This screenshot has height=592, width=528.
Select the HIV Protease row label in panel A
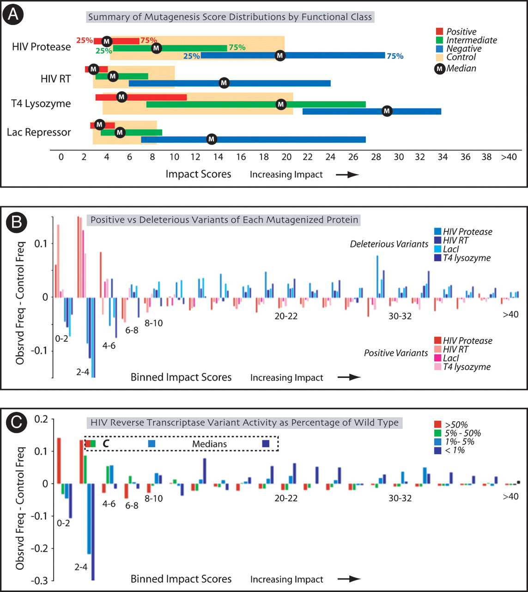click(x=42, y=47)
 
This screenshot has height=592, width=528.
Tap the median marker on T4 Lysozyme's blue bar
click(x=387, y=111)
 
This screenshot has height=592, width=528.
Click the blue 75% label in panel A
click(x=395, y=56)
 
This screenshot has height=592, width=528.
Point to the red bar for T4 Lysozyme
click(x=141, y=97)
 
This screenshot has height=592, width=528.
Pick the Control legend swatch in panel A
click(x=439, y=57)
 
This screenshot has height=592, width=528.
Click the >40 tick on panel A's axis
click(x=509, y=157)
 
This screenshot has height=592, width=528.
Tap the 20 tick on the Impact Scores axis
click(x=286, y=157)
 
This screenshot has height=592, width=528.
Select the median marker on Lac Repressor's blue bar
click(x=212, y=139)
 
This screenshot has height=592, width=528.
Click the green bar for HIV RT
click(x=121, y=76)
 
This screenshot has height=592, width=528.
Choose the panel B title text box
click(x=224, y=220)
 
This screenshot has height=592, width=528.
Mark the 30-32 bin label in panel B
click(x=400, y=316)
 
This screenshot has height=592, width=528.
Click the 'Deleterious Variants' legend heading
click(x=389, y=244)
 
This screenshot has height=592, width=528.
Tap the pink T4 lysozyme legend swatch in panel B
click(x=438, y=367)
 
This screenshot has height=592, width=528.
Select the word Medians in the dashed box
click(x=209, y=444)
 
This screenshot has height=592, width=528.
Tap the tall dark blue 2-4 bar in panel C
click(x=93, y=532)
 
